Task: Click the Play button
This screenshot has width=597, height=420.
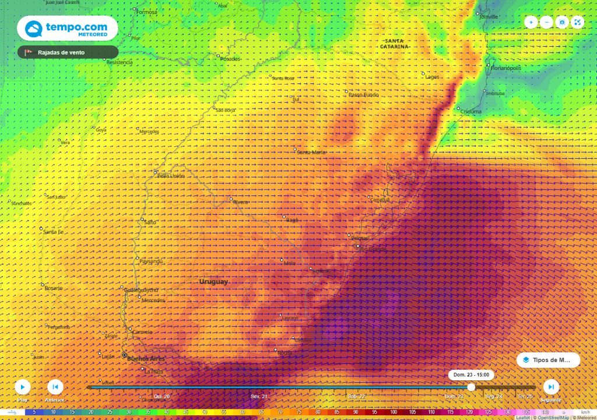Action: (x=22, y=387)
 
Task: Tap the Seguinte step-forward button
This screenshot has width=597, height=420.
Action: (x=551, y=387)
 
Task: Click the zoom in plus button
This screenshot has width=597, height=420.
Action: (x=531, y=22)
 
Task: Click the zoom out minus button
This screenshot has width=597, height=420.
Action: (x=546, y=22)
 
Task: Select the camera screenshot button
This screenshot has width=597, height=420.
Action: (x=562, y=22)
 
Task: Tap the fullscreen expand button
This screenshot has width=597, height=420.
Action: (x=577, y=22)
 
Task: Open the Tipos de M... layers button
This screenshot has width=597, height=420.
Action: (x=548, y=360)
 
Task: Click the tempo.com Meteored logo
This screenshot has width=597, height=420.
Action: (x=67, y=28)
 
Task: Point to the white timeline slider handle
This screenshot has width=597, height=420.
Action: (x=471, y=387)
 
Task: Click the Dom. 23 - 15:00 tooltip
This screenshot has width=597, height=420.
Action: (x=472, y=374)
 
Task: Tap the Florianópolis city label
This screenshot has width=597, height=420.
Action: (x=505, y=68)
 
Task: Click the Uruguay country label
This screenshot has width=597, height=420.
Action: (x=214, y=282)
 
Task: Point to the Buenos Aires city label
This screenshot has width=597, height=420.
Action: (x=146, y=359)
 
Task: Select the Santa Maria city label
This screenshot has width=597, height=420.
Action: (x=312, y=152)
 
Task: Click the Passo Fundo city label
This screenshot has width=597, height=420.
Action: (x=363, y=94)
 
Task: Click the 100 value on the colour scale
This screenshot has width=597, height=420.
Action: (x=394, y=412)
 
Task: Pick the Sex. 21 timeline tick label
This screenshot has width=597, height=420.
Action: (x=259, y=396)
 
